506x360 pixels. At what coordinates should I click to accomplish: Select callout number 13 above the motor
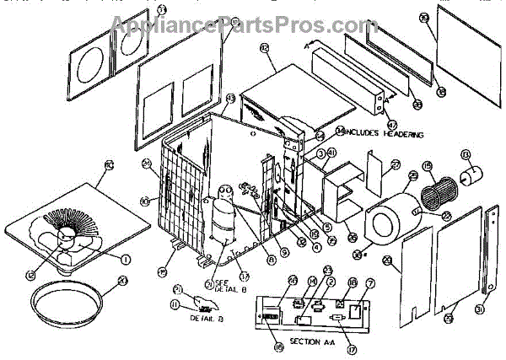click(x=466, y=153)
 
